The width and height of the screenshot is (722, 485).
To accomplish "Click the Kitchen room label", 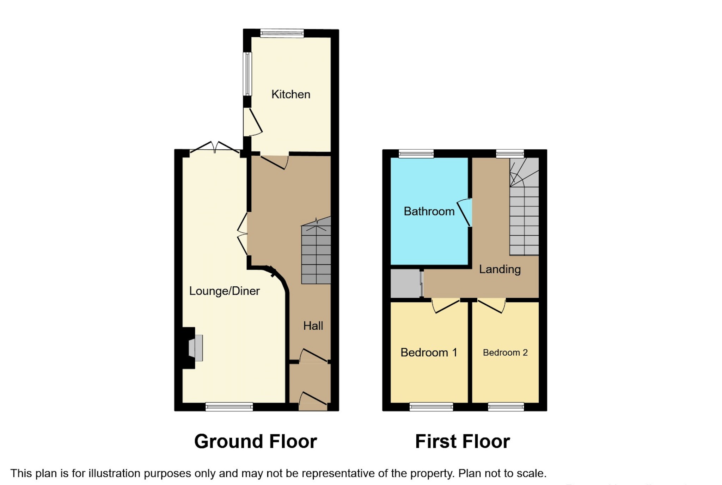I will (290, 94).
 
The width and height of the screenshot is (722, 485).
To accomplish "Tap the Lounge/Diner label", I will (224, 291).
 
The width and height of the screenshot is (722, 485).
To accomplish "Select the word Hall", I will (313, 326).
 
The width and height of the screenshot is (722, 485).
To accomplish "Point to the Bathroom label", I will (429, 211).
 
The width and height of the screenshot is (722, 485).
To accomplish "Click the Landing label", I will (500, 269).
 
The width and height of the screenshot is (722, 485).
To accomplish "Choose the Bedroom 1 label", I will (429, 353).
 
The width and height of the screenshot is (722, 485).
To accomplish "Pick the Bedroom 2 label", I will (505, 353).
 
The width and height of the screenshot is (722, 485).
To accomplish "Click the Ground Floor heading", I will (256, 441).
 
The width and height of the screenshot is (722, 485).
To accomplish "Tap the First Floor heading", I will (462, 441).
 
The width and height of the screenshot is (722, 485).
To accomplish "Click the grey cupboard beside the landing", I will (405, 284).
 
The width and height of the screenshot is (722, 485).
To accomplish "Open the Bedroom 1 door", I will (446, 305).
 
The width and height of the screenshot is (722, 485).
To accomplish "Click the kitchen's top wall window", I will (282, 33).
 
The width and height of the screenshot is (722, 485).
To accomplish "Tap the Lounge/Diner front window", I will (229, 407).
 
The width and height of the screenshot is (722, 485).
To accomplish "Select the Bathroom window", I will (416, 154).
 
